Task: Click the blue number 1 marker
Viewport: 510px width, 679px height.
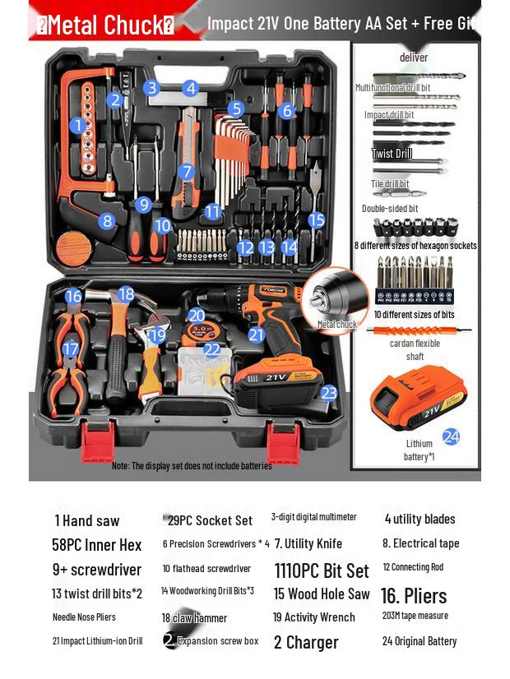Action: pyautogui.click(x=79, y=126)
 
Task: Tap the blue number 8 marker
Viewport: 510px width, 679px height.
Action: pyautogui.click(x=106, y=220)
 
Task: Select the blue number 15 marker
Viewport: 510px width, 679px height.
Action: pyautogui.click(x=317, y=219)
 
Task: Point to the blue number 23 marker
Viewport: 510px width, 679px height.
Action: pyautogui.click(x=329, y=393)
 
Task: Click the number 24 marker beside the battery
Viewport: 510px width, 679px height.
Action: pyautogui.click(x=451, y=436)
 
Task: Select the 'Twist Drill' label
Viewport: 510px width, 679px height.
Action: pyautogui.click(x=392, y=154)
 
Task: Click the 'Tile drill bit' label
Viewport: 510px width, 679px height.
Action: pyautogui.click(x=390, y=184)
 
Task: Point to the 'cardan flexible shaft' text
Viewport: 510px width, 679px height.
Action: pyautogui.click(x=415, y=349)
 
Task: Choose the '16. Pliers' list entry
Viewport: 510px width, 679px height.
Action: pyautogui.click(x=414, y=595)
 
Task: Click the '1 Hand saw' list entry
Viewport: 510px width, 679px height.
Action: pyautogui.click(x=87, y=520)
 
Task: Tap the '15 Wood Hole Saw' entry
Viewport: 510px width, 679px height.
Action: pyautogui.click(x=322, y=594)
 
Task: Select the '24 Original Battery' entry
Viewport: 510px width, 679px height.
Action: pyautogui.click(x=419, y=641)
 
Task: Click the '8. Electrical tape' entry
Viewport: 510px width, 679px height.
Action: pyautogui.click(x=420, y=543)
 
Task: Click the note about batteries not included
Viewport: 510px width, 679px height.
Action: pyautogui.click(x=192, y=466)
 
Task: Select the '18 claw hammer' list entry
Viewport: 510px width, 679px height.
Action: pyautogui.click(x=194, y=618)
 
